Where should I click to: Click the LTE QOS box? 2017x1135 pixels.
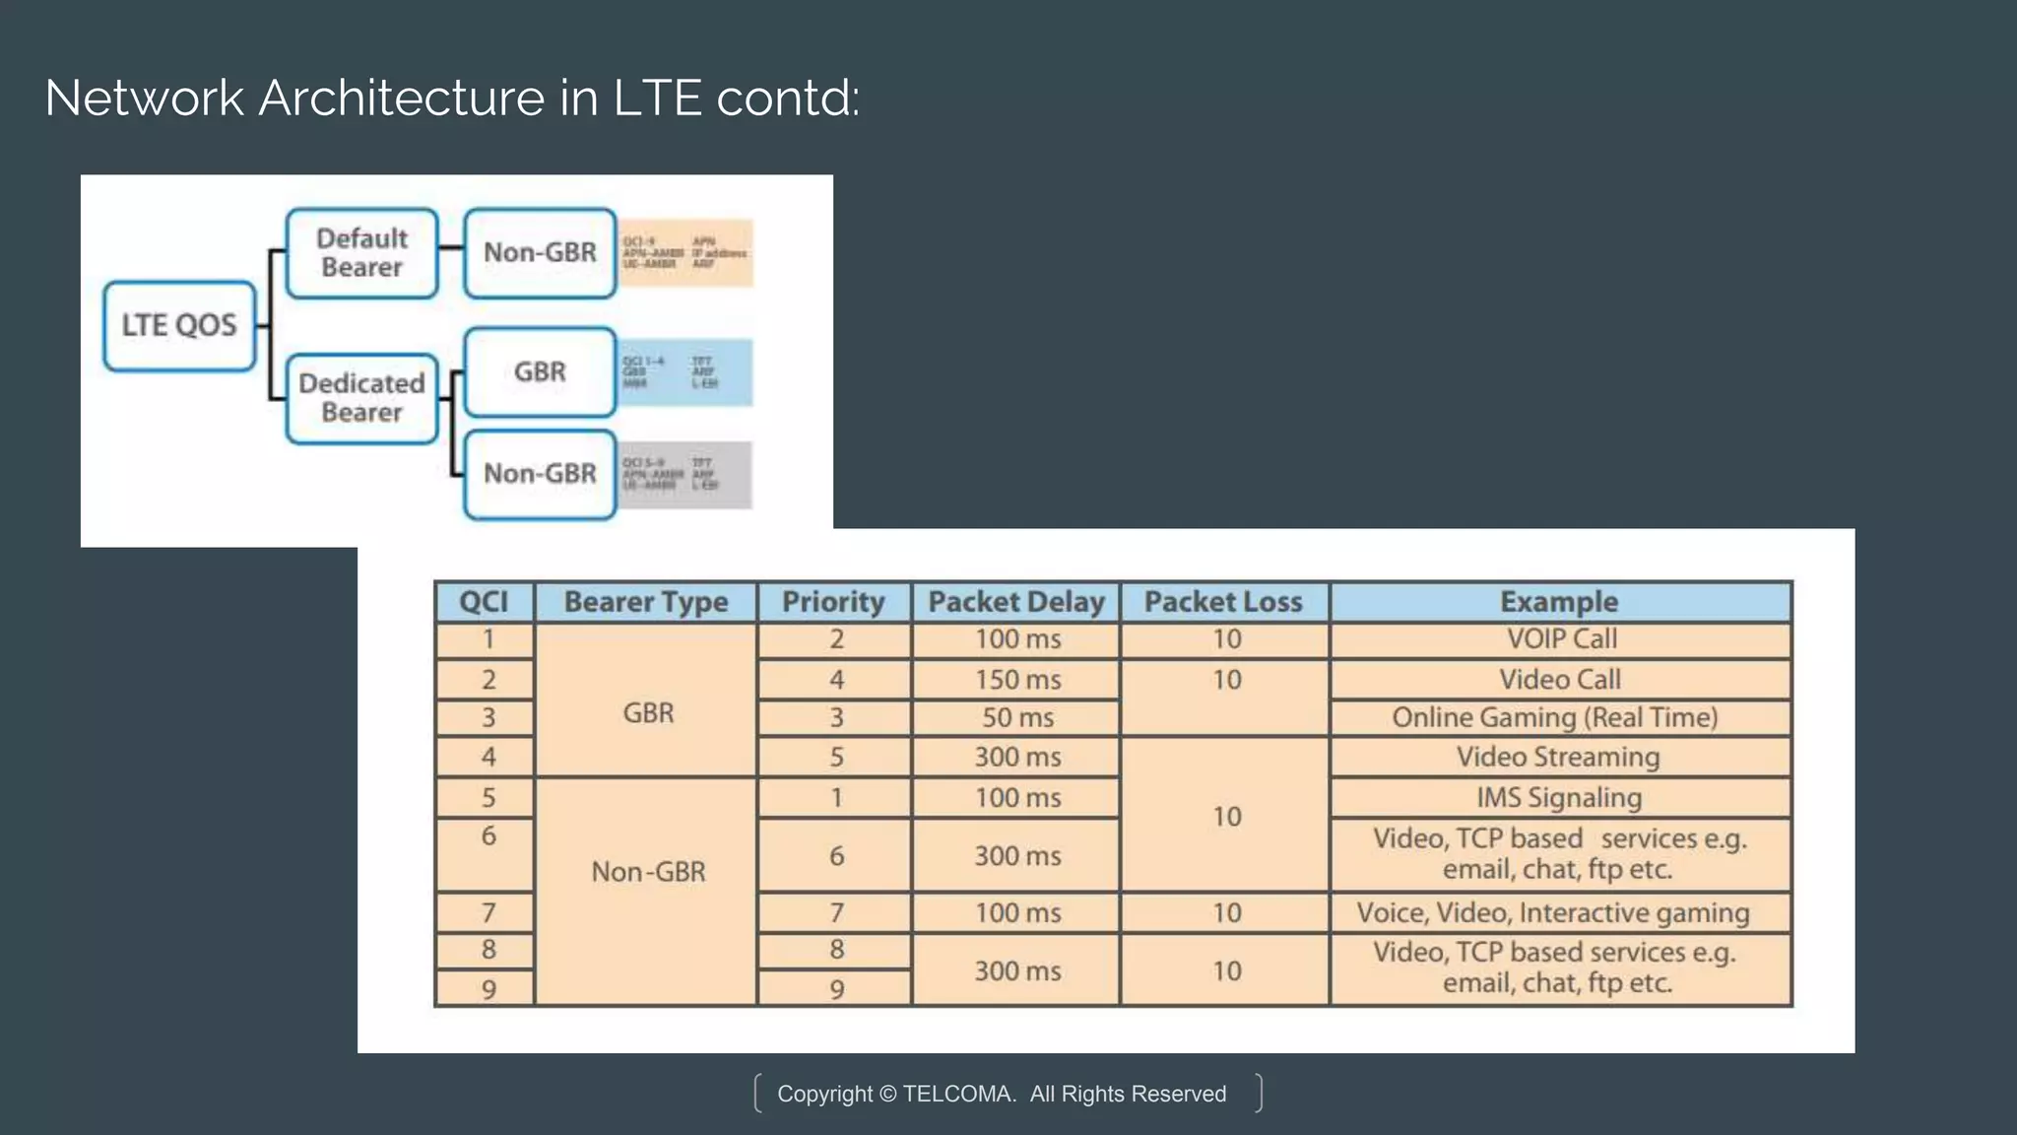[x=179, y=325]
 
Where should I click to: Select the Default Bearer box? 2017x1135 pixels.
[x=361, y=253]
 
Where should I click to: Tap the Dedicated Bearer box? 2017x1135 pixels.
[x=361, y=398]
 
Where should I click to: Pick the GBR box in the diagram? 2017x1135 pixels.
[x=540, y=372]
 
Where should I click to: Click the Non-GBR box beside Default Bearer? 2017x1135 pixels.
[x=540, y=253]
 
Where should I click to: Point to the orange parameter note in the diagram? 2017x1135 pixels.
[x=685, y=253]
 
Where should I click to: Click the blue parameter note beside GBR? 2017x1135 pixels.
[x=685, y=372]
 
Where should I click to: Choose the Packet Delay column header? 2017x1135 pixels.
[x=1016, y=602]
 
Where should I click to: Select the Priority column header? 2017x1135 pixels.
[x=833, y=602]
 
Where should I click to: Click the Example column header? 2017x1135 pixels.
[x=1559, y=602]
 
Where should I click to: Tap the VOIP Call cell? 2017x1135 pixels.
[x=1561, y=639]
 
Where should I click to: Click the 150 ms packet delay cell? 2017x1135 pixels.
[x=1017, y=680]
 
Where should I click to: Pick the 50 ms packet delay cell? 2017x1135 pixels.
[x=1017, y=718]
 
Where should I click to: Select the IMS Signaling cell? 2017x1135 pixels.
[x=1559, y=798]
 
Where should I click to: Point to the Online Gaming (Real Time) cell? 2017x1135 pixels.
[x=1555, y=718]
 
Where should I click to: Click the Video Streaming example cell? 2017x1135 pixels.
[x=1558, y=758]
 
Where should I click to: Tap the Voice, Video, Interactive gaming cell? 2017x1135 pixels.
[x=1553, y=913]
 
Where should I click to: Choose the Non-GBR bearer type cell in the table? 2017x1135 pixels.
[x=648, y=872]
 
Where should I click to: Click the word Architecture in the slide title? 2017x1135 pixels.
[x=401, y=99]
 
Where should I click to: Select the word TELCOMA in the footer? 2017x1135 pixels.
[x=958, y=1095]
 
